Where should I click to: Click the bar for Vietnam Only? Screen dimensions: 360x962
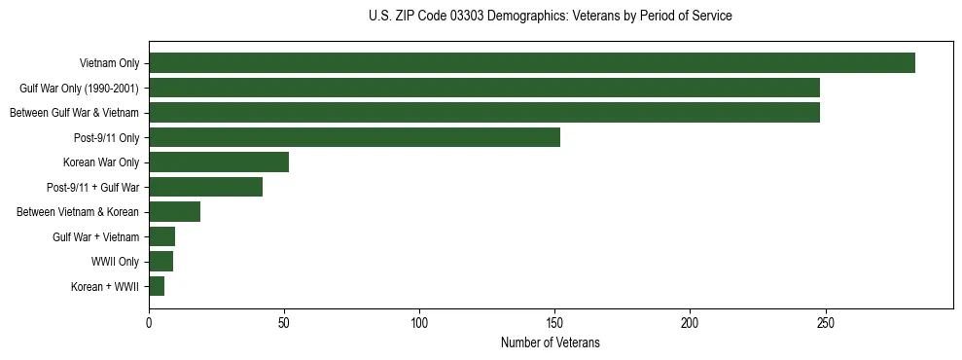point(532,63)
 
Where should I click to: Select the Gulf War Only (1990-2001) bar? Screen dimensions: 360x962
point(484,89)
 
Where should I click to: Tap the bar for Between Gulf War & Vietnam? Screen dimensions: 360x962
point(484,113)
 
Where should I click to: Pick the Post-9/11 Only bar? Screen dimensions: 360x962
point(354,137)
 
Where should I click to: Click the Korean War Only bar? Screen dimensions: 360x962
point(219,162)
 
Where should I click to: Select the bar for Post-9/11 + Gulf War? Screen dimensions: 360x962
point(205,187)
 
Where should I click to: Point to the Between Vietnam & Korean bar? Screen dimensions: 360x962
point(174,212)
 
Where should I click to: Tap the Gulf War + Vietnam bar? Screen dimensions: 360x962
point(161,236)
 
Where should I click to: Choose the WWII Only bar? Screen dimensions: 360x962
point(160,262)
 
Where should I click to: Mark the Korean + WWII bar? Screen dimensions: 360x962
point(157,286)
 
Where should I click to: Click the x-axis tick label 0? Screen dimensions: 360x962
point(149,321)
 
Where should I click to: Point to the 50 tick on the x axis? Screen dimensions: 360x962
point(284,321)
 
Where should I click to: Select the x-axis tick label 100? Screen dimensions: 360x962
point(419,321)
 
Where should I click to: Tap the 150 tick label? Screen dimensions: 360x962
point(554,321)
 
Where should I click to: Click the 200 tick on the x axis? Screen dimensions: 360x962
point(690,321)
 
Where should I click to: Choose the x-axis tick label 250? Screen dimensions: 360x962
point(825,321)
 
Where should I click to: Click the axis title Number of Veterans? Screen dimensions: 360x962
point(550,342)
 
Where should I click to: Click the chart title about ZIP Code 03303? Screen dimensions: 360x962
point(550,17)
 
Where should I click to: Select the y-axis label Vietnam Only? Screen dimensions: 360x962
point(109,64)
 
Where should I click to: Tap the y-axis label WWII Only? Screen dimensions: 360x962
point(116,262)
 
